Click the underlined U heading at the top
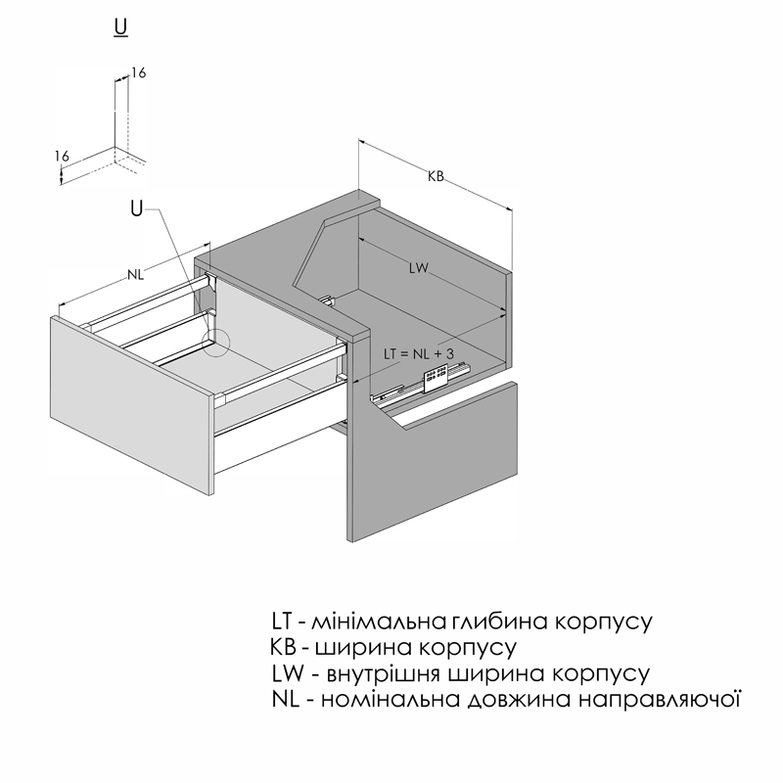pos(120,28)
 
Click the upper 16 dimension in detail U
pos(138,72)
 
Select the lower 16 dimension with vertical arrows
pos(62,156)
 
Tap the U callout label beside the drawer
pos(136,208)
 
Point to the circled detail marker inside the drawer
pos(215,343)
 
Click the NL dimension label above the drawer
pos(135,274)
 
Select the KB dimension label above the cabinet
pos(436,176)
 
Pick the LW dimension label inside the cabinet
pos(419,268)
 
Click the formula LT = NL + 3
pos(419,354)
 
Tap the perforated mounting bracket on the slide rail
pos(435,378)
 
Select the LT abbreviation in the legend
pos(282,622)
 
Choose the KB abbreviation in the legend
pos(283,647)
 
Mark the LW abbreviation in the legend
pos(288,673)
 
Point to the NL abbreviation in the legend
pos(286,699)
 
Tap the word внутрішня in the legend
pos(383,674)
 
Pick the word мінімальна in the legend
pos(379,622)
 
